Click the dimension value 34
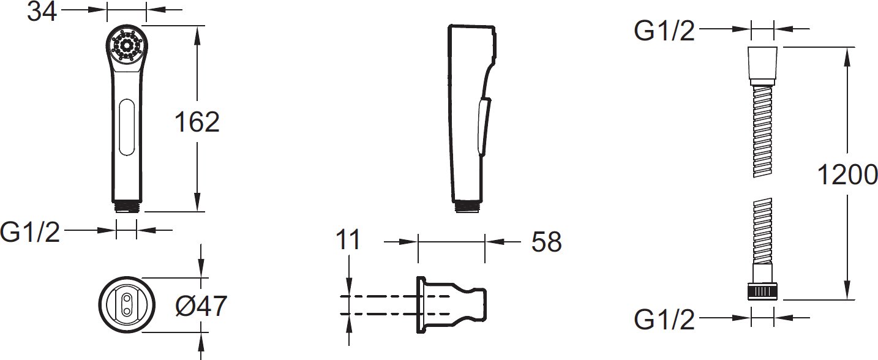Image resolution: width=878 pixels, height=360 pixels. [x=42, y=12]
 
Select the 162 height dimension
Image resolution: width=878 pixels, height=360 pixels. [x=197, y=122]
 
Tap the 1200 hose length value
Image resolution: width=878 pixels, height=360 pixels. [x=847, y=174]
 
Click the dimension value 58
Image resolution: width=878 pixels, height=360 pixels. [x=546, y=242]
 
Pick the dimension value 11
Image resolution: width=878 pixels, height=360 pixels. [x=348, y=239]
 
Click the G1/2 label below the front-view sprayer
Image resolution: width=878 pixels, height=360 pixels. [x=30, y=232]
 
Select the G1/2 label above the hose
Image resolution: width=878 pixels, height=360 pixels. [x=664, y=31]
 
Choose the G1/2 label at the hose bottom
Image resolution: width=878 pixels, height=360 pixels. [x=664, y=319]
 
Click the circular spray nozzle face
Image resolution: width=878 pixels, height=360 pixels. [x=127, y=44]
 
